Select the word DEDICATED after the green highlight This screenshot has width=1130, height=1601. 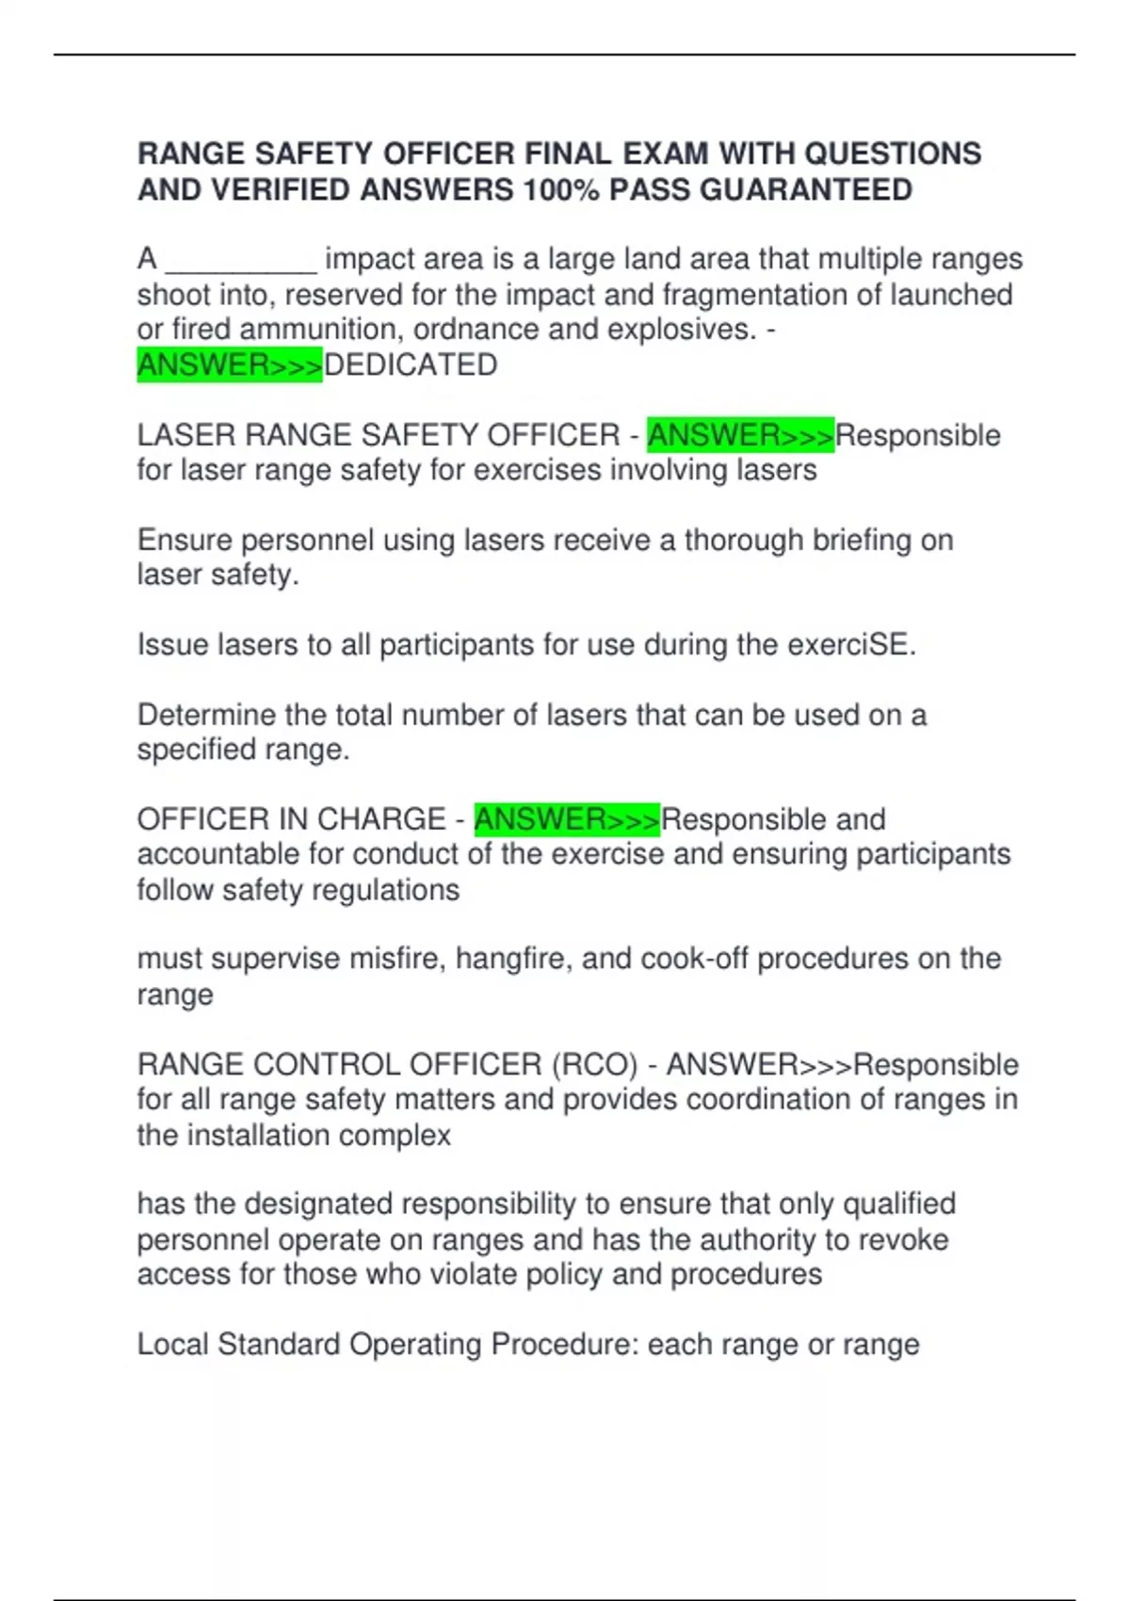(411, 365)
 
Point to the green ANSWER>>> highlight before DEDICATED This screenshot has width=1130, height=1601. (230, 365)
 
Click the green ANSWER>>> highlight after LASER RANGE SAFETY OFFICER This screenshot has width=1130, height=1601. (740, 436)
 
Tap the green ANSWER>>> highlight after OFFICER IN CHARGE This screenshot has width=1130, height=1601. (567, 819)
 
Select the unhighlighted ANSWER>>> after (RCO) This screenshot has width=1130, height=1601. (759, 1065)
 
